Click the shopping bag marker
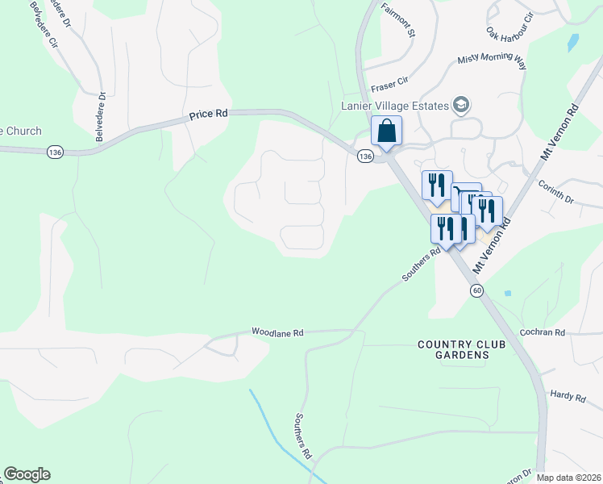point(386,131)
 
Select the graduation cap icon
point(461,104)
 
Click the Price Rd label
point(208,115)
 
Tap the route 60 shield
point(478,290)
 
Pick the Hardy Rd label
point(568,396)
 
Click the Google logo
point(27,474)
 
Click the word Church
point(23,131)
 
